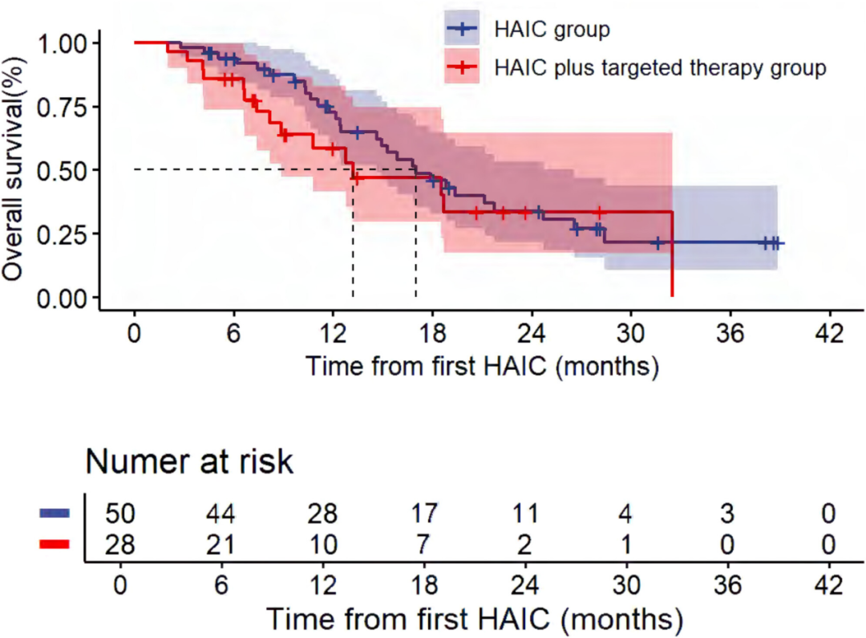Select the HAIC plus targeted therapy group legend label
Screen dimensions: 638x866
pos(660,67)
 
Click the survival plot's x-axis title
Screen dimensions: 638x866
pos(482,367)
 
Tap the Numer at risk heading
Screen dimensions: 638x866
pos(189,461)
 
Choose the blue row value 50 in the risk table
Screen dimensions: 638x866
pos(121,514)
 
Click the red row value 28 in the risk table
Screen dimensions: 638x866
pos(121,546)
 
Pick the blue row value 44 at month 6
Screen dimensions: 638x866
pos(223,514)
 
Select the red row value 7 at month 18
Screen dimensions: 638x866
pos(427,546)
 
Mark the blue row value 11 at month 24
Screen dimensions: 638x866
pos(526,514)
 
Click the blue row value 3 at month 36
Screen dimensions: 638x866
pos(728,514)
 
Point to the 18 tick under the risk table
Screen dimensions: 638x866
pos(426,585)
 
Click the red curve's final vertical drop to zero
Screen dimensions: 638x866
pos(672,257)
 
